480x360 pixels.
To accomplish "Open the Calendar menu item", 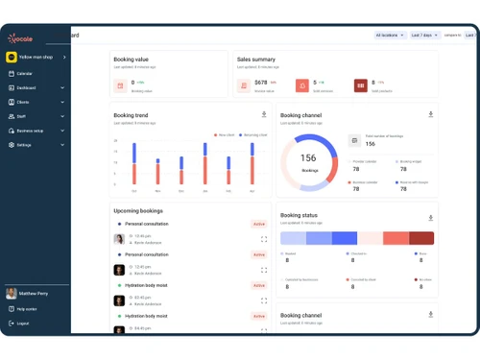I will [24, 73].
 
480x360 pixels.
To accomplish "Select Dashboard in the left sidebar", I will [26, 87].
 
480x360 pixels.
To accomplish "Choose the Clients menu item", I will [23, 102].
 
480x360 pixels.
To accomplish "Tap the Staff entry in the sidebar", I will [21, 116].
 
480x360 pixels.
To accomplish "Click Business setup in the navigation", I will [30, 131].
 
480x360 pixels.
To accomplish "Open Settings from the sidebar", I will [24, 145].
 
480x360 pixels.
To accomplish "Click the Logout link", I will [22, 323].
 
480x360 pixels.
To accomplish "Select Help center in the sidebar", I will [26, 308].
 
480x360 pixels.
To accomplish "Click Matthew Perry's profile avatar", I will [12, 293].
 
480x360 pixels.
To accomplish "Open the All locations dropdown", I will [389, 36].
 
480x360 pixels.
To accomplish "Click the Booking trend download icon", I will [264, 114].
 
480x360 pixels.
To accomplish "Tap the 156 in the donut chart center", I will [308, 157].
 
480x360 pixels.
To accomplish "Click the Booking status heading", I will [299, 215].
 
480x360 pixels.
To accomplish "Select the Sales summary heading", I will [255, 60].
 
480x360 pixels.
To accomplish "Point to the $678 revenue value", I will [261, 83].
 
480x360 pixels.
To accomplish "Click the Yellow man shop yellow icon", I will [12, 57].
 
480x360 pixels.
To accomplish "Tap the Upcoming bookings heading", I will [137, 210].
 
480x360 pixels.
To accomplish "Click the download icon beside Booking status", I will [430, 217].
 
